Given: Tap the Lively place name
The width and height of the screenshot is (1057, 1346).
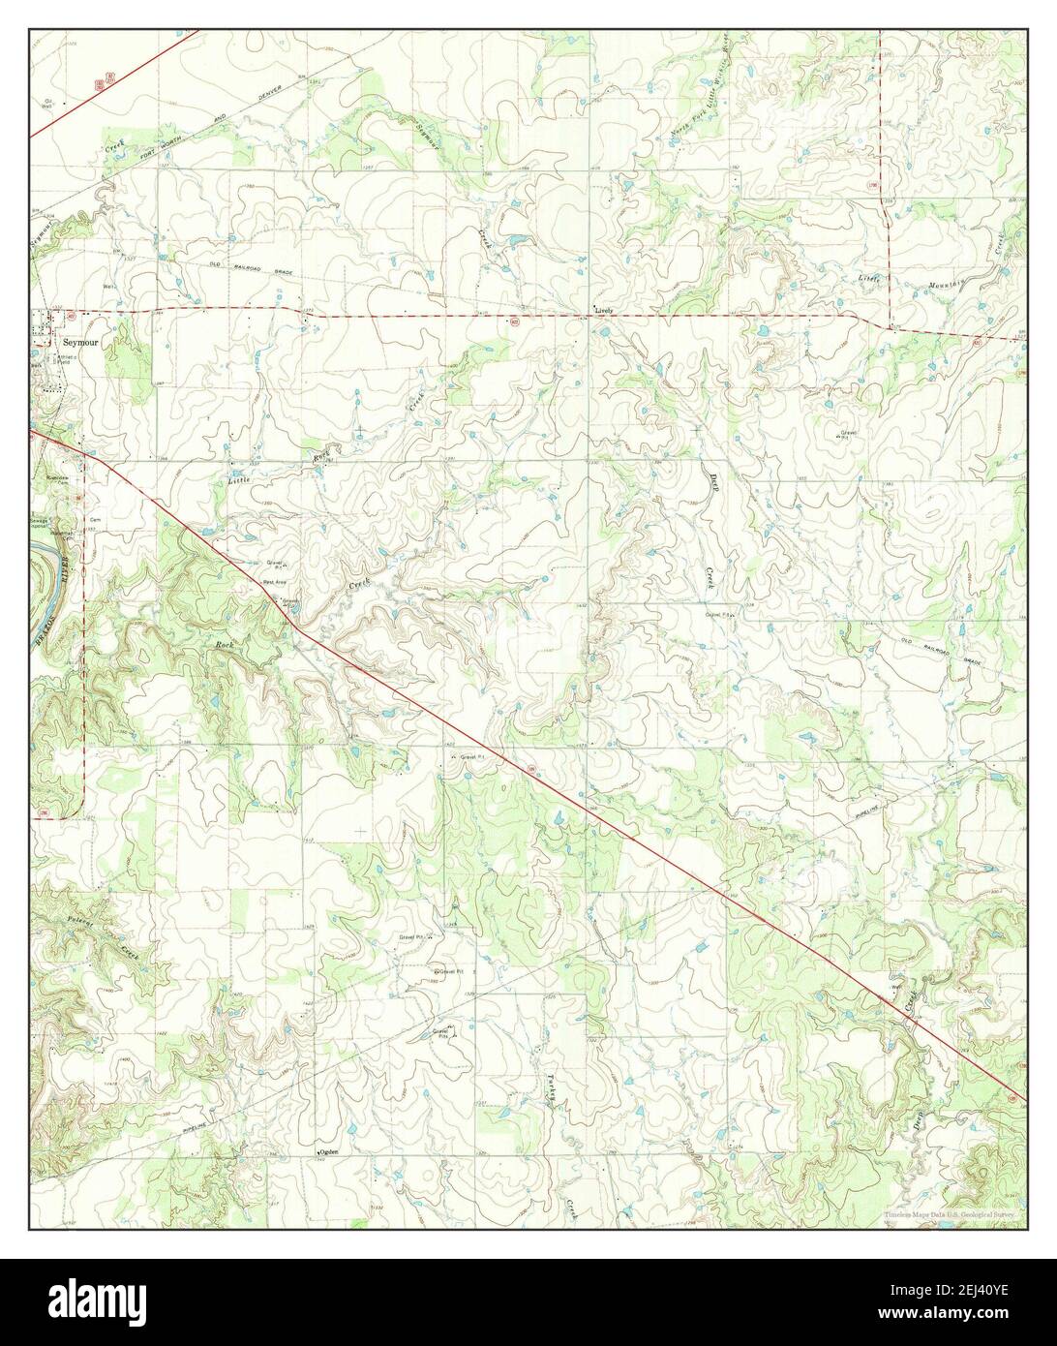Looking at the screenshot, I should pyautogui.click(x=605, y=311).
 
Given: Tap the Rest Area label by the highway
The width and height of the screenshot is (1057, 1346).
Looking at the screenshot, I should pyautogui.click(x=273, y=582).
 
